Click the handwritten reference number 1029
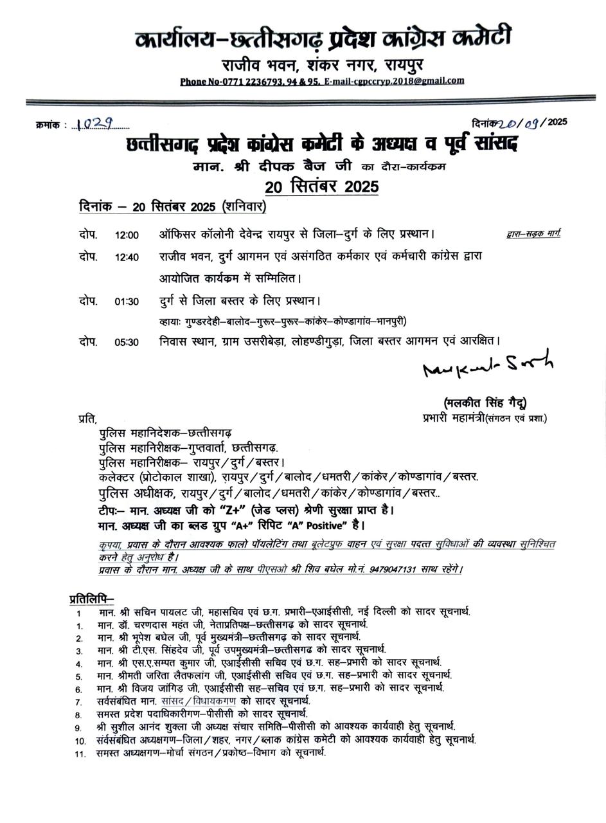click(x=94, y=124)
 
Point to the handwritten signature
click(x=487, y=365)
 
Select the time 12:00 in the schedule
click(x=127, y=235)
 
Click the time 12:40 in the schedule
click(x=127, y=257)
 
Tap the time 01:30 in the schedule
click(x=127, y=302)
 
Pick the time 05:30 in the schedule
click(x=127, y=342)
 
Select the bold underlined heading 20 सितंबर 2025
click(x=321, y=187)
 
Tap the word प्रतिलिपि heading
click(x=91, y=599)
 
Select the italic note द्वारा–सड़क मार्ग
click(x=533, y=233)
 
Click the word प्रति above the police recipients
click(x=87, y=419)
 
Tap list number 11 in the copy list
click(x=80, y=754)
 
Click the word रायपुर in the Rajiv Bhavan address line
click(x=404, y=65)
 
